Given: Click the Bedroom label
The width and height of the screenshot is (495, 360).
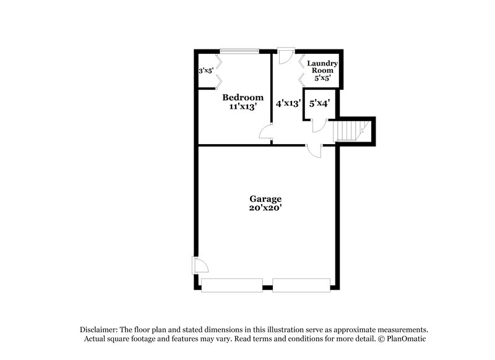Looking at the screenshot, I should [243, 97].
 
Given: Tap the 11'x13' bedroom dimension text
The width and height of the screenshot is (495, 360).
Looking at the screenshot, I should [243, 106].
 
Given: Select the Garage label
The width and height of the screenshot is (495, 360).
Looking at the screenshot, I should [265, 199].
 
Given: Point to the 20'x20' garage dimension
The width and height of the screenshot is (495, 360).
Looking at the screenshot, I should [265, 208].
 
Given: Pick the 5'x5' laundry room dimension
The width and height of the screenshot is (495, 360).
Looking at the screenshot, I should [322, 79].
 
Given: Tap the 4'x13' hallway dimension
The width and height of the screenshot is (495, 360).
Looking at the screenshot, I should [288, 104].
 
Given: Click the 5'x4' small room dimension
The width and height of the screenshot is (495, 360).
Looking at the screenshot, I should [319, 104].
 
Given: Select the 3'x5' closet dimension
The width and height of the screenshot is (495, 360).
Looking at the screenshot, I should [205, 71].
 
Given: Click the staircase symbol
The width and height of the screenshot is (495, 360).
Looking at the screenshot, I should [348, 131].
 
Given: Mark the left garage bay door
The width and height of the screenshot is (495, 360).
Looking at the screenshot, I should [232, 285].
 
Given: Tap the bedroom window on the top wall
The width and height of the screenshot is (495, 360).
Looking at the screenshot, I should [240, 51].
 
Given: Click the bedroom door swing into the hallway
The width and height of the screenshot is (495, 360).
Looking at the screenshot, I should [266, 131].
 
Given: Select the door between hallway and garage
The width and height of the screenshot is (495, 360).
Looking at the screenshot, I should [314, 150].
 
